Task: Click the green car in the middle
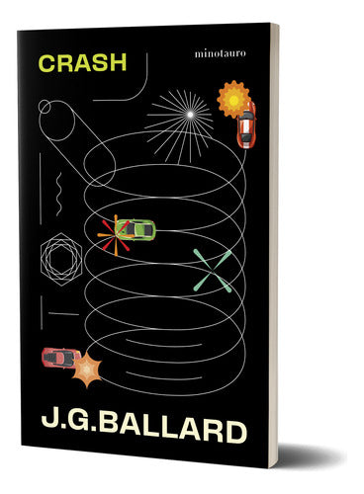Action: [135, 229]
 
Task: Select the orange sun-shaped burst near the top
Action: [230, 99]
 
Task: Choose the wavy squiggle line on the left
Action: [59, 184]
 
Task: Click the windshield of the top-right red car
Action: [244, 125]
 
